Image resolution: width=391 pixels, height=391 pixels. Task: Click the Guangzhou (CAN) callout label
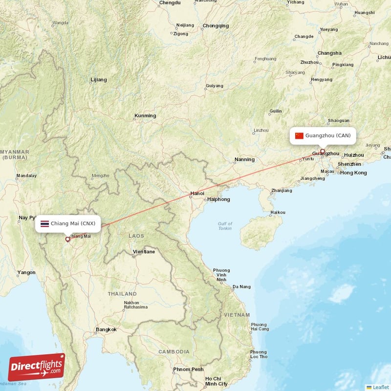click(323, 135)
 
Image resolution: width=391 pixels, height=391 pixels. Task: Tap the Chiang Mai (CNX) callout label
click(68, 224)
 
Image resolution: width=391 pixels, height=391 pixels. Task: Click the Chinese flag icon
click(299, 135)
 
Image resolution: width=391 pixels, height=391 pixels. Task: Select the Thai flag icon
click(44, 224)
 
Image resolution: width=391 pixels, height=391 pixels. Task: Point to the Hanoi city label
click(197, 193)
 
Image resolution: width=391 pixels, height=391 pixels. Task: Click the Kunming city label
click(145, 116)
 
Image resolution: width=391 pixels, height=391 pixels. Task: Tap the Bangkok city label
click(106, 329)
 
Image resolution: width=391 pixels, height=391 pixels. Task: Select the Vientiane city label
click(144, 252)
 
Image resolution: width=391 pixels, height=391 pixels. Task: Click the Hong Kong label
click(353, 173)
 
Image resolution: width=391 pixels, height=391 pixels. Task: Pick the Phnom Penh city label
click(188, 369)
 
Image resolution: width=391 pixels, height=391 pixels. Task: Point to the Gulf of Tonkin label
click(225, 226)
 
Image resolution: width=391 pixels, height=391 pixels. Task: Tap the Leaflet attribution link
click(380, 387)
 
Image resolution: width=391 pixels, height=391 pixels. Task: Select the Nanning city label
click(244, 159)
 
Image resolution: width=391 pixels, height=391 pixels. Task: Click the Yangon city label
click(26, 272)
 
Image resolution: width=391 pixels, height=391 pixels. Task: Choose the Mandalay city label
click(26, 175)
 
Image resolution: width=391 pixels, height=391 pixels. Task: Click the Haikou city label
click(278, 212)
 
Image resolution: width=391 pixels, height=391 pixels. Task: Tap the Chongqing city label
click(216, 25)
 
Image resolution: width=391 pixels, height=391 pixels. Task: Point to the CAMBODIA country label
click(174, 351)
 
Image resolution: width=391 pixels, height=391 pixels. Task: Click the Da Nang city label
click(241, 287)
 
